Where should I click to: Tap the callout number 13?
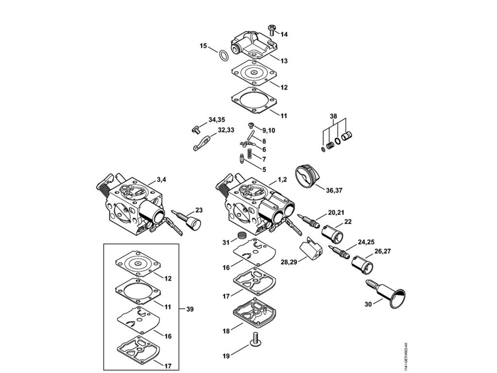coord(284,61)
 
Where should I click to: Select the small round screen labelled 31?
coord(239,237)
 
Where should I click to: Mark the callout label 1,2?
coord(283,180)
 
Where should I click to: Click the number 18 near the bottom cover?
coord(226,331)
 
